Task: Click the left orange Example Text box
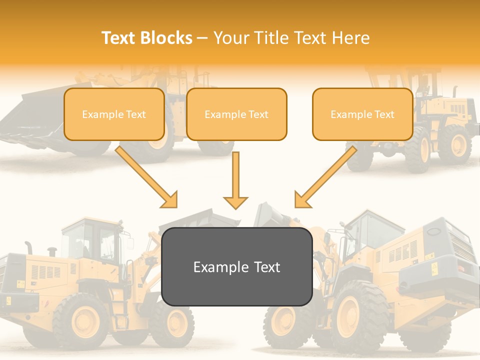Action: pos(114,114)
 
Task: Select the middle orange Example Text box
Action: pos(236,114)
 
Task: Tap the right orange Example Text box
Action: pos(362,114)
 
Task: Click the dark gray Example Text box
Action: pos(237,266)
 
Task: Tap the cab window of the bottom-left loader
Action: pos(92,240)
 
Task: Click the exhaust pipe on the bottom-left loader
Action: pos(29,247)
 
